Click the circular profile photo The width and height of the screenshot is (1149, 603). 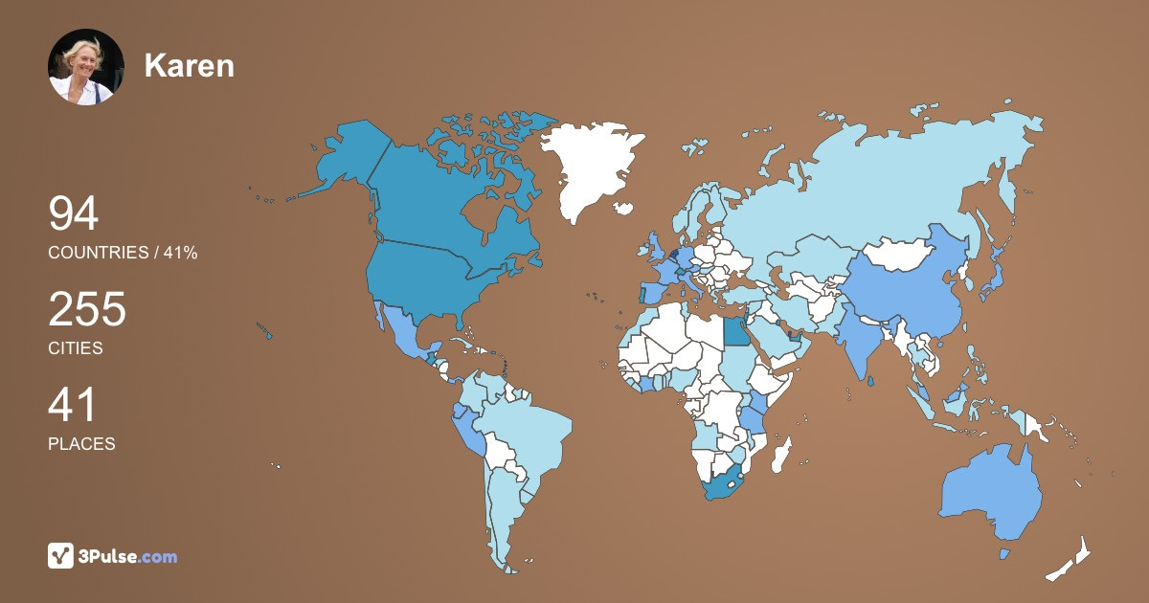click(x=86, y=67)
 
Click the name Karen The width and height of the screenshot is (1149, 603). click(x=190, y=65)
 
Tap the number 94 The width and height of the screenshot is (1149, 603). click(x=74, y=213)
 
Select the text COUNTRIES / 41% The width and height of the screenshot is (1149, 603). click(x=123, y=253)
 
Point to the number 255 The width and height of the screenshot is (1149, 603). click(x=87, y=309)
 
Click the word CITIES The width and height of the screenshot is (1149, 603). click(x=76, y=348)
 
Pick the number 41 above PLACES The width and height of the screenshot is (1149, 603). click(x=72, y=405)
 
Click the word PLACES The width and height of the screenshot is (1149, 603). click(x=81, y=444)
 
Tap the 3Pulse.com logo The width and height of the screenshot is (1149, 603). click(x=113, y=556)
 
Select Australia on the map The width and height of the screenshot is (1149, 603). click(x=991, y=493)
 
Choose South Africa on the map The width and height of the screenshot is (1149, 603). click(x=723, y=483)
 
